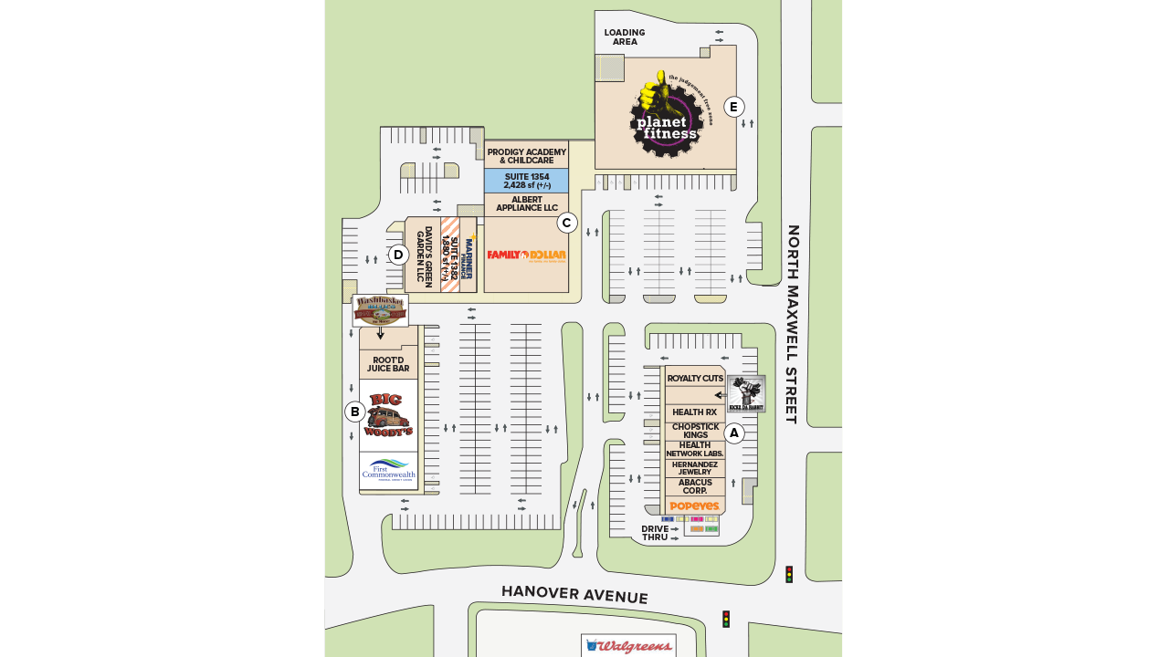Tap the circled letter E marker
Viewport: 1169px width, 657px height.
pyautogui.click(x=733, y=107)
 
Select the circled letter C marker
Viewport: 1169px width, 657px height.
pyautogui.click(x=567, y=223)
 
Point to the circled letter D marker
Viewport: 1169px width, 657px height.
pyautogui.click(x=398, y=255)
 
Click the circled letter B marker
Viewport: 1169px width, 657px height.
pyautogui.click(x=354, y=412)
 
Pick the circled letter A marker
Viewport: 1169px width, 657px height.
pyautogui.click(x=734, y=433)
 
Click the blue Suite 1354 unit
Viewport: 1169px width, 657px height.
pyautogui.click(x=526, y=181)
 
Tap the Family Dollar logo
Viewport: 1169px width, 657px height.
pyautogui.click(x=526, y=255)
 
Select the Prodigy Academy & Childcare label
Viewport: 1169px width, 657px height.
pyautogui.click(x=526, y=155)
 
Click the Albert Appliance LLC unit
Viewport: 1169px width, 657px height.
pyautogui.click(x=526, y=204)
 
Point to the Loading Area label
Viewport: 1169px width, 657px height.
pyautogui.click(x=625, y=37)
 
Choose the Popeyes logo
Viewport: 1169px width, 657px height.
pyautogui.click(x=695, y=506)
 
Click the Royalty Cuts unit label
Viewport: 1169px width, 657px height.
pyautogui.click(x=695, y=378)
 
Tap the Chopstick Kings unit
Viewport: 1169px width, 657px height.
pyautogui.click(x=695, y=431)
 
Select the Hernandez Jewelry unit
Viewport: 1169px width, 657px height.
pyautogui.click(x=695, y=468)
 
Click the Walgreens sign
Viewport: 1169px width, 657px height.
pyautogui.click(x=628, y=646)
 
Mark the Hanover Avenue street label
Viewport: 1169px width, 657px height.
pyautogui.click(x=574, y=595)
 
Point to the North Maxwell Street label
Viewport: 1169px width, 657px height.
pyautogui.click(x=793, y=324)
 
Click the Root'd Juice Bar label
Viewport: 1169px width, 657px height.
pyautogui.click(x=388, y=364)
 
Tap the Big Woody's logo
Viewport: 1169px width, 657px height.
pyautogui.click(x=389, y=415)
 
